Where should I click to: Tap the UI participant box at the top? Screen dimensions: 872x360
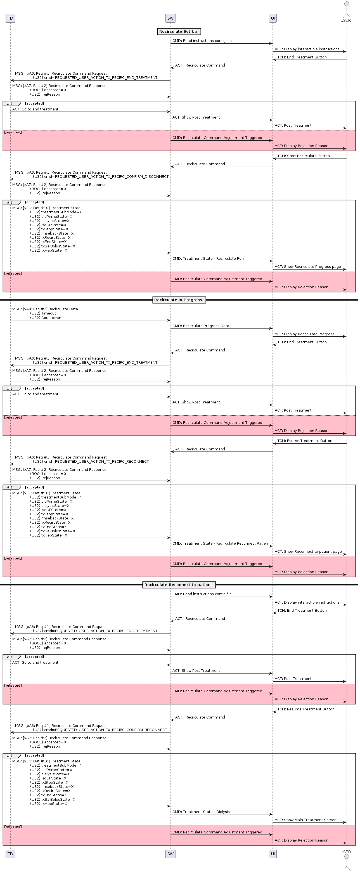273,18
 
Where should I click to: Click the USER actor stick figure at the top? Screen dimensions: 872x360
346,10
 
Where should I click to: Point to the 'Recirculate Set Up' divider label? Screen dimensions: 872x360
179,32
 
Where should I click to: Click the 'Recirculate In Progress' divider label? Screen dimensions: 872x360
179,300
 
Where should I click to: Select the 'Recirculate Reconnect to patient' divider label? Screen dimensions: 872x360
179,585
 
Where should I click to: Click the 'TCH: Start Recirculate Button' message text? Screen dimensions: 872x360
304,156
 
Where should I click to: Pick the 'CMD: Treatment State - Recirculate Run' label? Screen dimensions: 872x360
208,259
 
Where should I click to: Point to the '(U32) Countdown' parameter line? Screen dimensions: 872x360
46,318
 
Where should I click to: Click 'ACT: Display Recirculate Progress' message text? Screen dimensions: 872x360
304,334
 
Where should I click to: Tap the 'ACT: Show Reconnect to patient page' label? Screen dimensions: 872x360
308,551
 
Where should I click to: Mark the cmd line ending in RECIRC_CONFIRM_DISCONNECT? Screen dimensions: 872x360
101,177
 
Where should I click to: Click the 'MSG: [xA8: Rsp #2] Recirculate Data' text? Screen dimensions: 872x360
45,309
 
